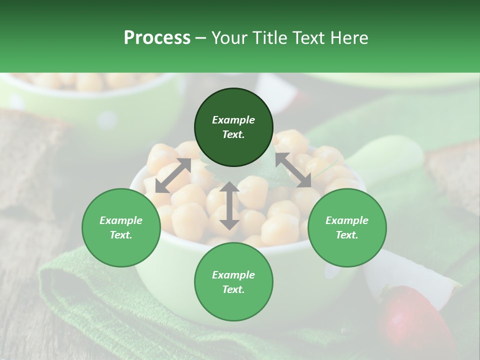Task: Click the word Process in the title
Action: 157,38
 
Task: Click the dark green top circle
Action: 233,127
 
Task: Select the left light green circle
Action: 121,227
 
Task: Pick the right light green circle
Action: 346,227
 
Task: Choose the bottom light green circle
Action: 233,282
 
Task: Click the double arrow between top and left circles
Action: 173,175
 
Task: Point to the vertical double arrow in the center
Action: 229,205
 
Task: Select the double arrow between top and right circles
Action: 293,170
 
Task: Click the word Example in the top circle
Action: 233,120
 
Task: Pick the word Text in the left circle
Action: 121,235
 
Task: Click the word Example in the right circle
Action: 346,220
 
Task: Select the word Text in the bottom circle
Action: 233,289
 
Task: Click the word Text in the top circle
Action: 233,134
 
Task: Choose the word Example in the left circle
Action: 121,220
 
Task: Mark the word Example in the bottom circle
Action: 233,275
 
